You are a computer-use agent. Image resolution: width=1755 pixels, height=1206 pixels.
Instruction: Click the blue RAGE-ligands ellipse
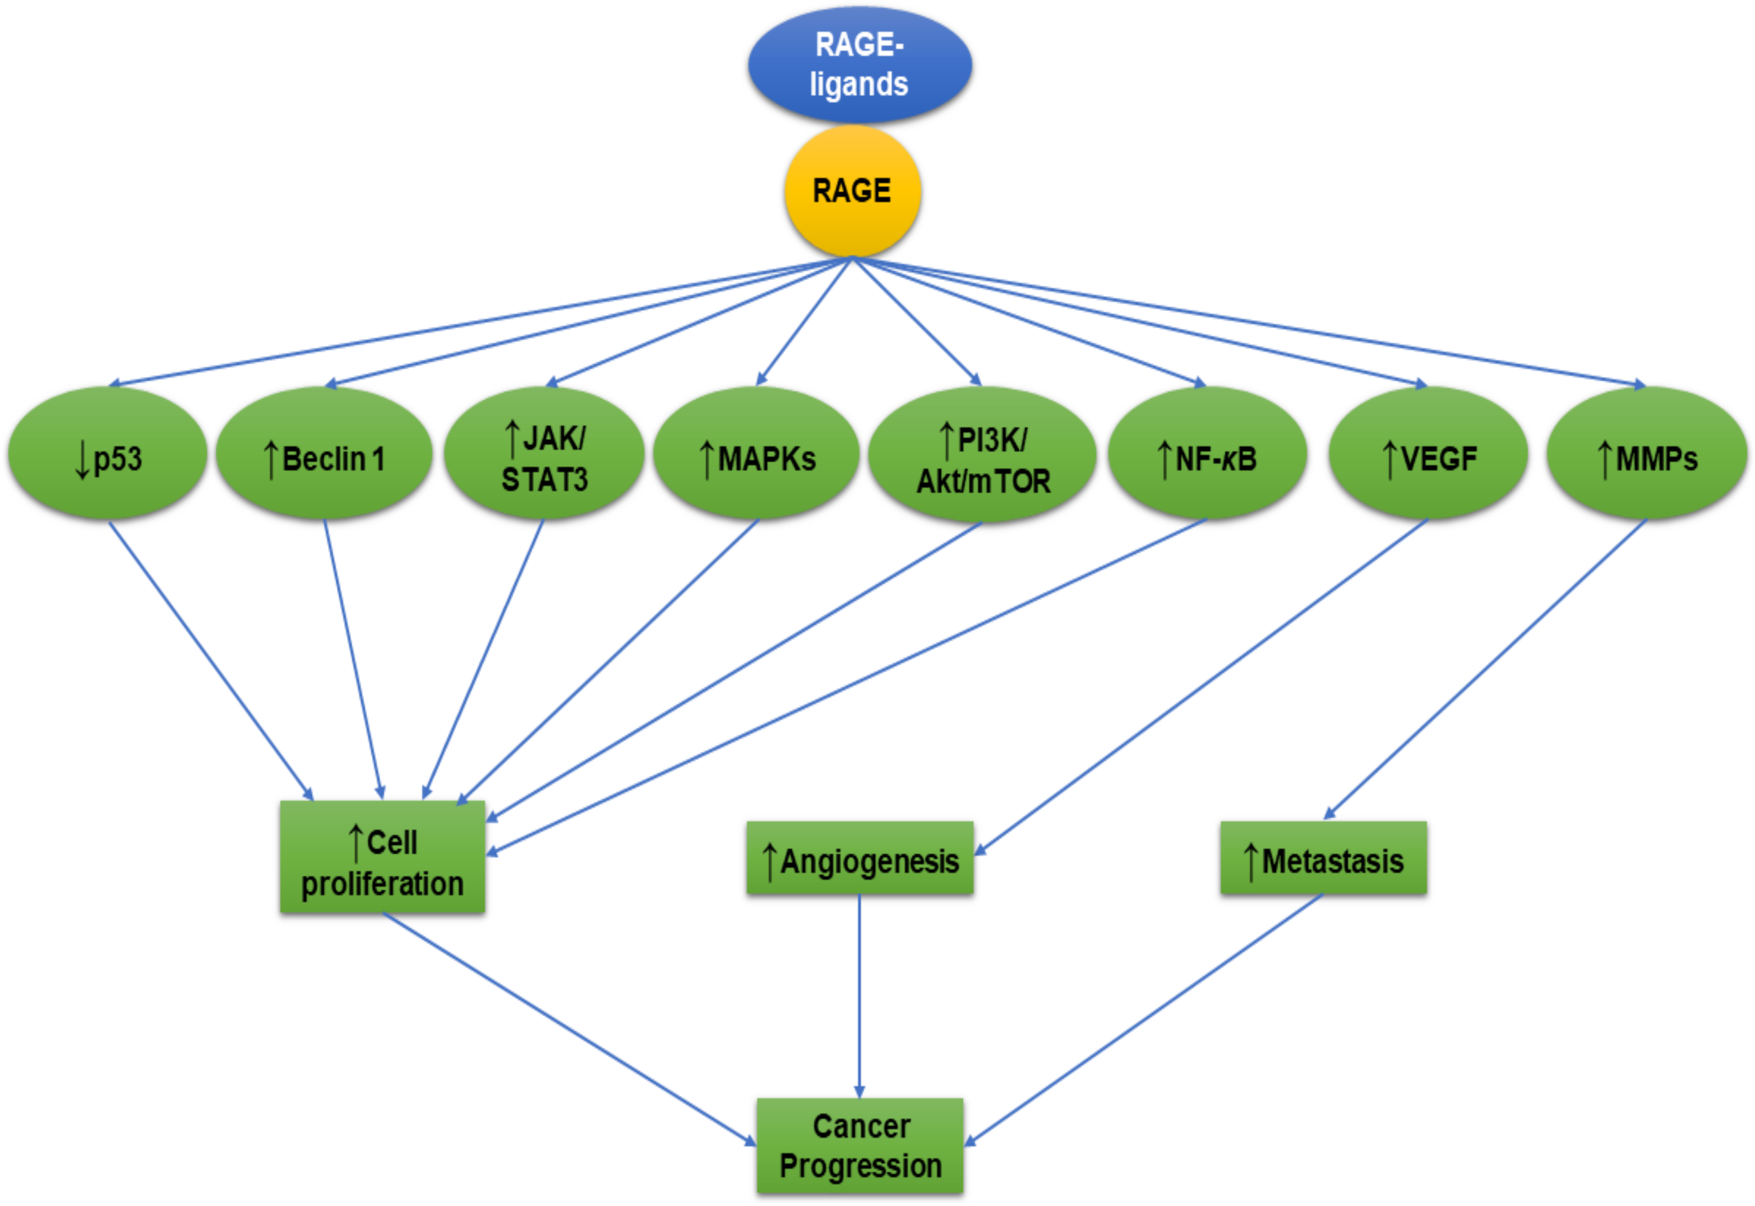tap(859, 65)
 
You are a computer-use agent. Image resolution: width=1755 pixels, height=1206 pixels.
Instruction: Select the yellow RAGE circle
tap(852, 190)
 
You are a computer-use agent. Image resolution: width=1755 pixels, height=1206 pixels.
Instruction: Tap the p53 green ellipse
tap(108, 454)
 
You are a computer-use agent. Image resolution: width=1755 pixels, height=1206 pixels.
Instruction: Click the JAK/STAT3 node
tap(544, 454)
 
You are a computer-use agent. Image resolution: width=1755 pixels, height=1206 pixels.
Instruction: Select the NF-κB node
tap(1207, 454)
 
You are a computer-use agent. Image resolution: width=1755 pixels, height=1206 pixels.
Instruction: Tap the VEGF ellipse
tap(1428, 454)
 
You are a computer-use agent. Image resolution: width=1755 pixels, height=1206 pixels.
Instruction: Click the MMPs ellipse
tap(1647, 454)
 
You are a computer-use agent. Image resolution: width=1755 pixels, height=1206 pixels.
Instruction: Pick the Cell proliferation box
tap(382, 857)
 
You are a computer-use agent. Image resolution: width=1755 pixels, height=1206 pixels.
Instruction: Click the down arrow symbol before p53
tap(82, 460)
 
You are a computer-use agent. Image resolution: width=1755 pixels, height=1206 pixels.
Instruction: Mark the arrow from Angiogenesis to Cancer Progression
tap(859, 997)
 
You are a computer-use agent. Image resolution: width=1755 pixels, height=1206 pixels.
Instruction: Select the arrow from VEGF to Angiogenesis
tap(1201, 687)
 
